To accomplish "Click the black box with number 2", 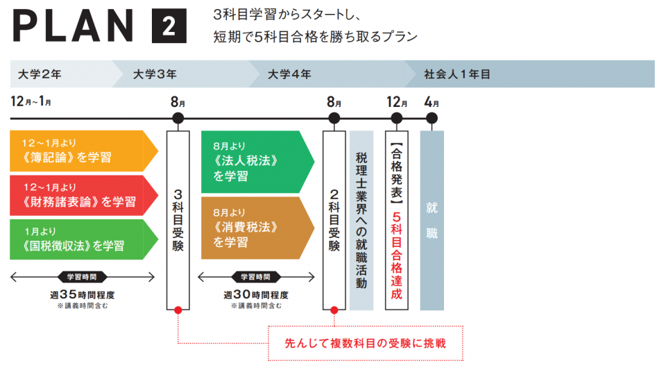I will tap(169, 28).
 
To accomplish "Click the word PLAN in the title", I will tap(73, 28).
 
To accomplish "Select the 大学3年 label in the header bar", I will tap(155, 74).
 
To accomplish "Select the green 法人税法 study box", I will tap(253, 162).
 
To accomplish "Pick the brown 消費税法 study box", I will tap(253, 228).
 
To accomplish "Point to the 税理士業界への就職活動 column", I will tap(361, 220).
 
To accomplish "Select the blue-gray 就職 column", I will tap(432, 220).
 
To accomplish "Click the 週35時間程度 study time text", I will tap(82, 294).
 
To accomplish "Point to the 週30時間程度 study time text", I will tap(256, 294).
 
